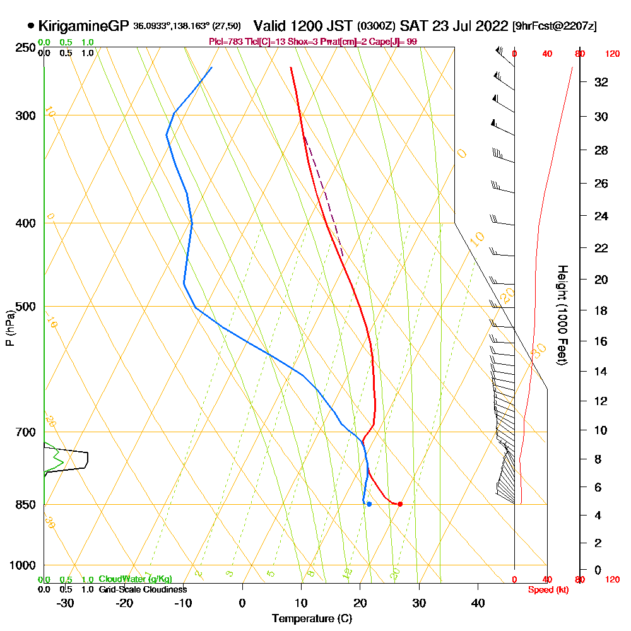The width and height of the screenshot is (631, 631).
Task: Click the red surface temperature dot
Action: coord(400,504)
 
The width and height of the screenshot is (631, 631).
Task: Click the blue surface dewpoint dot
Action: coord(369,504)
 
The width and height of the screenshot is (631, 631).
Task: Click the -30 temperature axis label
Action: coord(66,603)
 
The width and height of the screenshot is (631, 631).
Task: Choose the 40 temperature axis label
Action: coord(478,603)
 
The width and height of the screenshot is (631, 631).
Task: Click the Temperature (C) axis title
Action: coord(312,619)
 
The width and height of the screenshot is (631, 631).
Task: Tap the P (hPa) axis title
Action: coord(9,328)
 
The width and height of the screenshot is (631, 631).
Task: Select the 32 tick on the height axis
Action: coord(601,82)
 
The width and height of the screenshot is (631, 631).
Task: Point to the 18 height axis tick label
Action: coord(601,310)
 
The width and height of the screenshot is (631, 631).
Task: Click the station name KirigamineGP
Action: coord(84,26)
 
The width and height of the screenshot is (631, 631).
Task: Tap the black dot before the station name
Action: coord(31,26)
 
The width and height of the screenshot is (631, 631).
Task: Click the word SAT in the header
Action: coord(414,26)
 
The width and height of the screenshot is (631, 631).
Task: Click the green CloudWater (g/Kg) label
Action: coord(135,579)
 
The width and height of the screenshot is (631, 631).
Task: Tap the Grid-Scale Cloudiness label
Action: coord(143,589)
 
